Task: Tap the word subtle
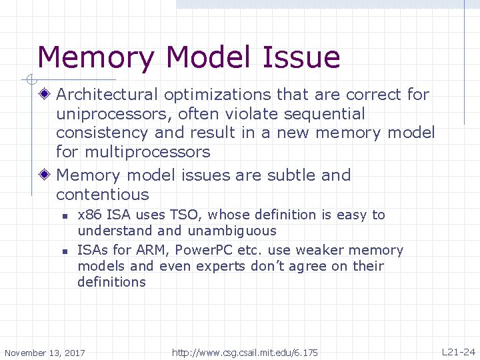[292, 175]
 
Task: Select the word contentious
[103, 195]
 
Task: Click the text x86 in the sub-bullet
[90, 215]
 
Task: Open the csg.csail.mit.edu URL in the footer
[245, 352]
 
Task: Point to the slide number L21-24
[459, 351]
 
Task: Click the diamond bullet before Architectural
[45, 95]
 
